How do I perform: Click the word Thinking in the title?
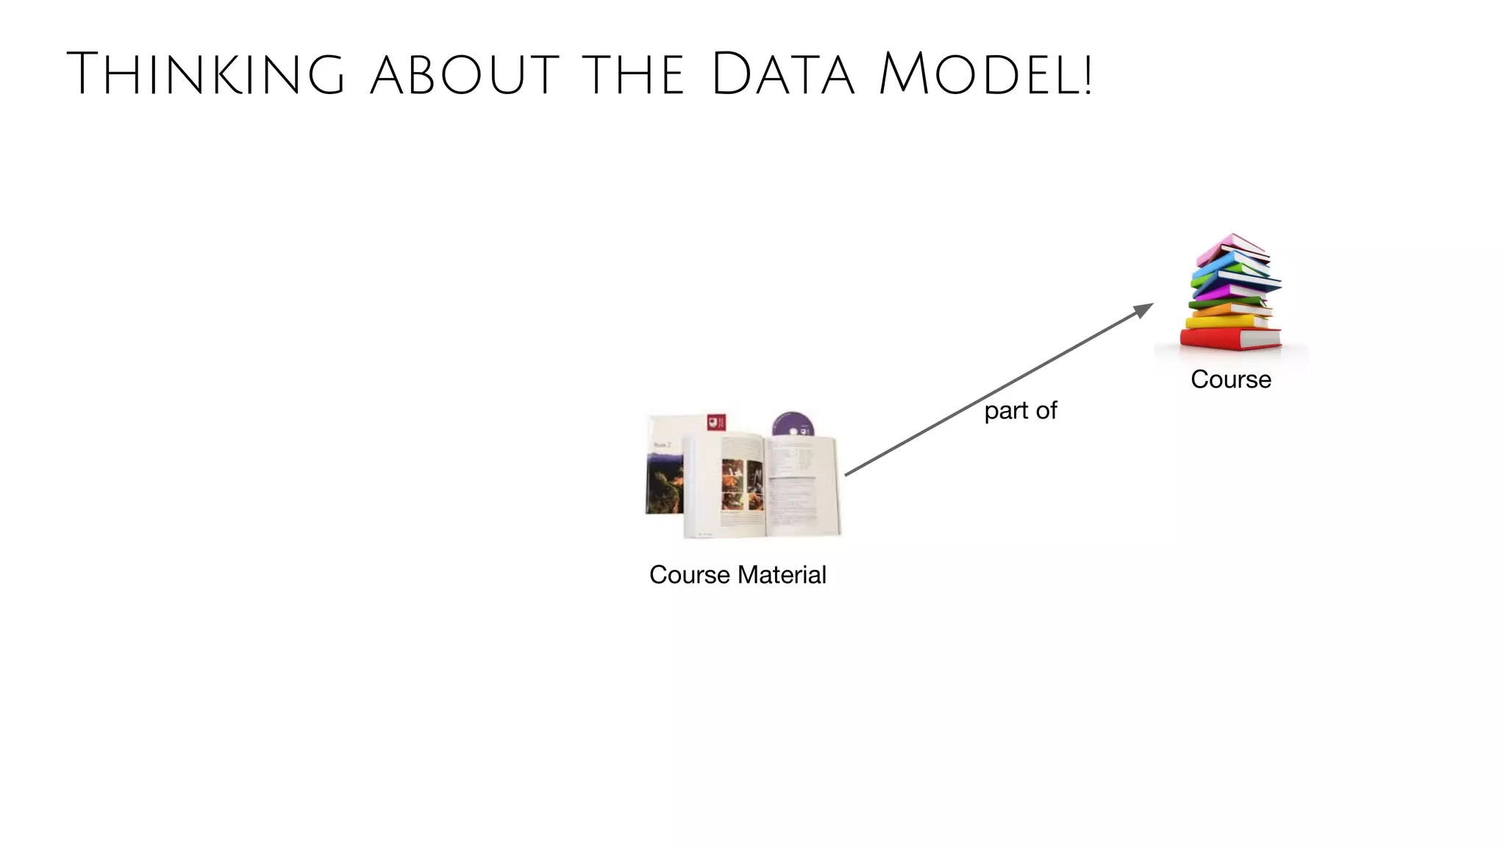(x=206, y=74)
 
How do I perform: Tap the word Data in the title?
(x=784, y=74)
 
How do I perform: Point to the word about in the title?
(x=465, y=74)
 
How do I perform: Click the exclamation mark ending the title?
(x=1087, y=74)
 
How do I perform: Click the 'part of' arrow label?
(x=1021, y=410)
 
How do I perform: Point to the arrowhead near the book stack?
(x=1144, y=310)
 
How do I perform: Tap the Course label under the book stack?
(x=1231, y=379)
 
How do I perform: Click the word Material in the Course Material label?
(x=782, y=574)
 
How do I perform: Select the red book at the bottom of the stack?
(x=1230, y=338)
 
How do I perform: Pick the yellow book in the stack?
(x=1224, y=321)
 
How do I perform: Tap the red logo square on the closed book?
(x=716, y=422)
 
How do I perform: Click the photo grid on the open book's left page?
(x=741, y=485)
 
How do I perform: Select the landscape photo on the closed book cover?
(x=665, y=482)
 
